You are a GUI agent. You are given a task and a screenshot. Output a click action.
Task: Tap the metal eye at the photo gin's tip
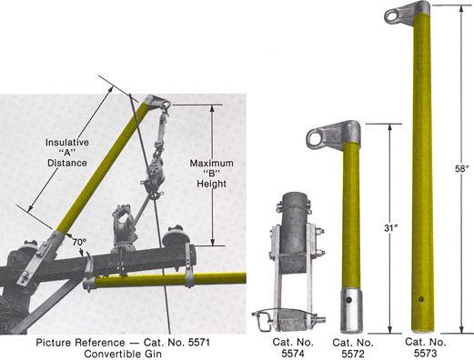click(x=150, y=103)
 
